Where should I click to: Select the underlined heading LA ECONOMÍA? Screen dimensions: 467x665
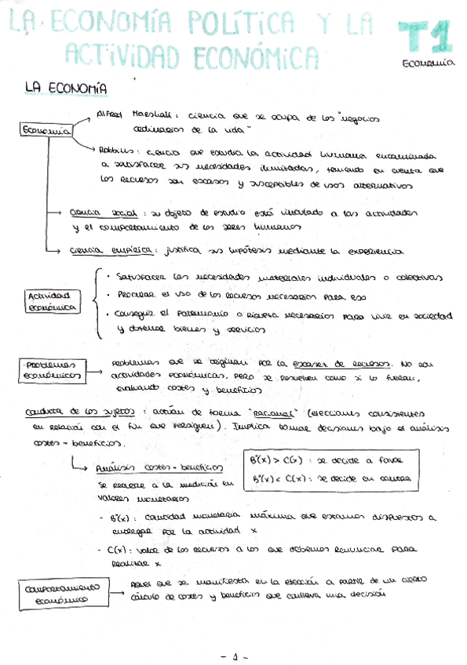point(66,89)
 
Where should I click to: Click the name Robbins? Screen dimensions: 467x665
point(116,150)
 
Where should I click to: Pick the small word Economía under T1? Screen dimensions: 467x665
point(427,65)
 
